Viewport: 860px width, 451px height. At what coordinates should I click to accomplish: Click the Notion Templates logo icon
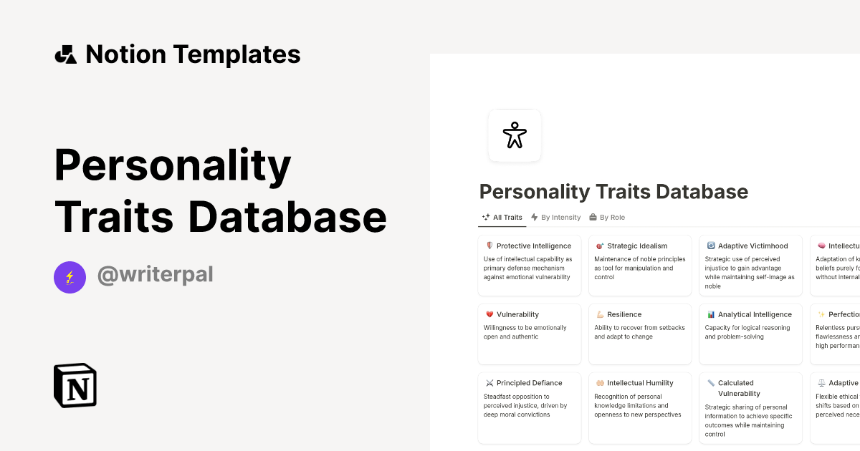pyautogui.click(x=66, y=54)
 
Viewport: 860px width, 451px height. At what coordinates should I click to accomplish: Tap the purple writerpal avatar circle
pyautogui.click(x=70, y=277)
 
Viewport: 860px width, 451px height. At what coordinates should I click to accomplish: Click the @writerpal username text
pyautogui.click(x=155, y=275)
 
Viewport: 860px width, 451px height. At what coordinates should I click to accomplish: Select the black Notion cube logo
pyautogui.click(x=75, y=386)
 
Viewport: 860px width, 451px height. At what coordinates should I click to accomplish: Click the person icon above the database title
pyautogui.click(x=515, y=135)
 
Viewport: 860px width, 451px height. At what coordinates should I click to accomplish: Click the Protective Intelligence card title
pyautogui.click(x=534, y=246)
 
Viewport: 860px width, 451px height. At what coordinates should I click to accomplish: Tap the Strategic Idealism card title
pyautogui.click(x=637, y=246)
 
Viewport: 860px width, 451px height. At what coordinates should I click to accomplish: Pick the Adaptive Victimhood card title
pyautogui.click(x=752, y=246)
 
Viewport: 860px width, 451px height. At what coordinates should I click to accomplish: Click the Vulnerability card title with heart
pyautogui.click(x=517, y=315)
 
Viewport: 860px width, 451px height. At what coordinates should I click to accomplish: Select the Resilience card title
pyautogui.click(x=624, y=315)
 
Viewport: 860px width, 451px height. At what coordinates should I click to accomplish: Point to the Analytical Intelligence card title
pyautogui.click(x=755, y=315)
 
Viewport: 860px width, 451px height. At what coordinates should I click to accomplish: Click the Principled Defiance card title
pyautogui.click(x=529, y=384)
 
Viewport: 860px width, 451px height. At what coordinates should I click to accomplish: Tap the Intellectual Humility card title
pyautogui.click(x=640, y=384)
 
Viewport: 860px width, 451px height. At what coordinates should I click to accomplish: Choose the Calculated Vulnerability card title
pyautogui.click(x=736, y=388)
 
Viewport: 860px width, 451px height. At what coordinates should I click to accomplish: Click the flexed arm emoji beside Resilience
pyautogui.click(x=600, y=315)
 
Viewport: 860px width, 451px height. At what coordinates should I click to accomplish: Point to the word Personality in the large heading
pyautogui.click(x=173, y=166)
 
